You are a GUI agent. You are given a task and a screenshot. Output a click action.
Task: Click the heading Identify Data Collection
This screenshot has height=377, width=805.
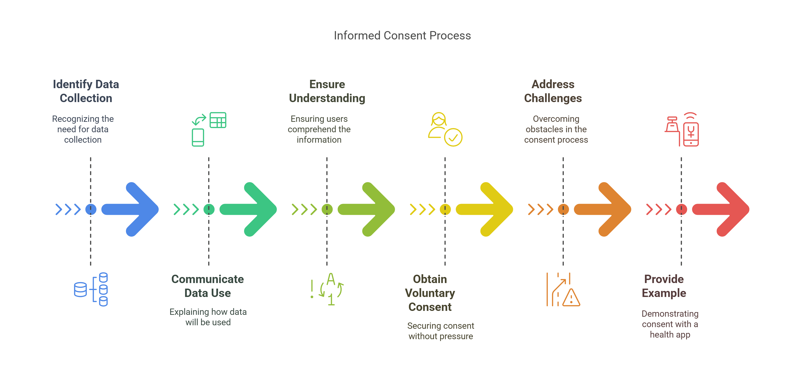86,91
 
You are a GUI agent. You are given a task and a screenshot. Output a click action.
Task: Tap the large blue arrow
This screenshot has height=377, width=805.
131,209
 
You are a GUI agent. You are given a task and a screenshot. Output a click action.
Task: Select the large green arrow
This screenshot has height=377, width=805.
249,209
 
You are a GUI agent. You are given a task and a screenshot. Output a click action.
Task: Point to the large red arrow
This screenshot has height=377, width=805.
722,209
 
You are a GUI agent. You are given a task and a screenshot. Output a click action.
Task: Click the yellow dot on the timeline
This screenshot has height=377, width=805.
445,209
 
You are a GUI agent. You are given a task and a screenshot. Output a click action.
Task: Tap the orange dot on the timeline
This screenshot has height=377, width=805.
563,209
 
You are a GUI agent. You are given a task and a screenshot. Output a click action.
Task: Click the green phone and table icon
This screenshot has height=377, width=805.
209,129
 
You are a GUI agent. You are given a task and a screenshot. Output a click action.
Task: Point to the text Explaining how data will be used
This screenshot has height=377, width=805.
208,317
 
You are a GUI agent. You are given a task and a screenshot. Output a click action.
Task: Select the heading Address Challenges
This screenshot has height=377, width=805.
553,91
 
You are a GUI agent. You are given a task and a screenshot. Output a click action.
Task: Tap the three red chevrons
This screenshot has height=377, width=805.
658,209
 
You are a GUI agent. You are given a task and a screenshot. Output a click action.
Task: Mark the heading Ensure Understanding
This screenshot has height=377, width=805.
327,91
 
